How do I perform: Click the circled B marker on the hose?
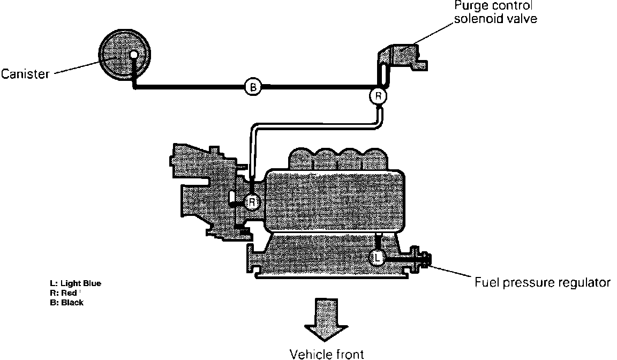point(252,86)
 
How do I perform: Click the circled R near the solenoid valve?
point(378,96)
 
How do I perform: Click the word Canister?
point(25,73)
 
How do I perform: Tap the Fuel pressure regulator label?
point(543,282)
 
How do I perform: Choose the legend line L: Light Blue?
point(75,283)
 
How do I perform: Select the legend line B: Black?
point(66,303)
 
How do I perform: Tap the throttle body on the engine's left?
point(204,187)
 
